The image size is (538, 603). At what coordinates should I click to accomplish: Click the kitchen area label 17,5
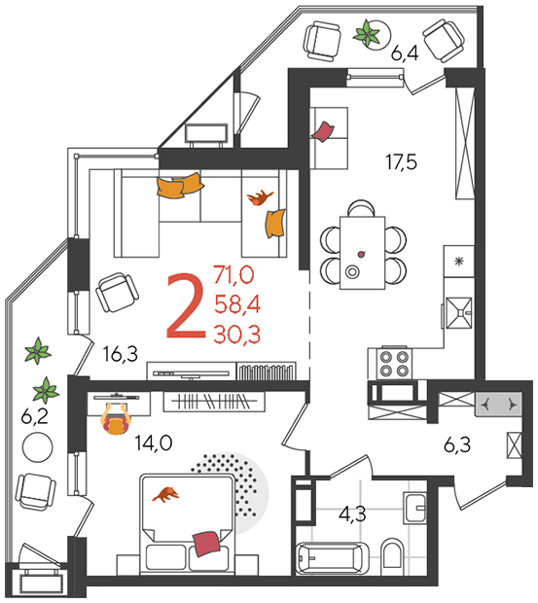click(402, 162)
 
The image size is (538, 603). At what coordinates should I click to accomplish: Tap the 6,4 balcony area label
click(405, 53)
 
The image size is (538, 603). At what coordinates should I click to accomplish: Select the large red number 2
click(187, 305)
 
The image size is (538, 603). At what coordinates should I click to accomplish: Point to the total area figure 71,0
click(234, 275)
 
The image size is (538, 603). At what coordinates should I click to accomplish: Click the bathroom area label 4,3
click(352, 514)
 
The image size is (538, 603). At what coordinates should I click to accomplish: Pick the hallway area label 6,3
click(457, 445)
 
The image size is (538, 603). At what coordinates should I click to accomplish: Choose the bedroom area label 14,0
click(154, 443)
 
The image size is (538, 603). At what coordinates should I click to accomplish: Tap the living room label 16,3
click(121, 354)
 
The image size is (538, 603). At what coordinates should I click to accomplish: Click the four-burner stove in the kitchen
click(394, 364)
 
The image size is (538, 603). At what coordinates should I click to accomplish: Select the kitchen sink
click(458, 312)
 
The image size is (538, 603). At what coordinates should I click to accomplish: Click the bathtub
click(333, 558)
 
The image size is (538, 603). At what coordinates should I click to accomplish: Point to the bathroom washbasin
click(414, 508)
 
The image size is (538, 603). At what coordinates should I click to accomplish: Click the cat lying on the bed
click(165, 494)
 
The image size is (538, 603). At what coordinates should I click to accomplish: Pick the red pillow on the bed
click(207, 544)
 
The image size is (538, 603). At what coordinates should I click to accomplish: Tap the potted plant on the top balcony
click(366, 33)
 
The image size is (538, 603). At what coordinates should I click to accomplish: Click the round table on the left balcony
click(37, 447)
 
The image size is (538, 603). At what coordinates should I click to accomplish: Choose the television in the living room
click(191, 373)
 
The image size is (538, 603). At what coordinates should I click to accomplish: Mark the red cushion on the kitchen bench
click(323, 132)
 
